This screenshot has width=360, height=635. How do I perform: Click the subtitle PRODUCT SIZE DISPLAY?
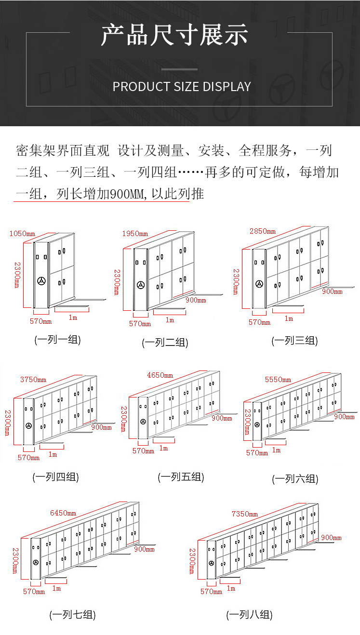coord(182,87)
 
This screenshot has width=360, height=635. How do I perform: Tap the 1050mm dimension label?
coord(22,234)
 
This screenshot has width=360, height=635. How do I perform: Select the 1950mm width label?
coord(135,234)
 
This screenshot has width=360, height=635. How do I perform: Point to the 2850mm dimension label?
coord(263,231)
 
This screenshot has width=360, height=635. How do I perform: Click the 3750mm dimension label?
coord(33,380)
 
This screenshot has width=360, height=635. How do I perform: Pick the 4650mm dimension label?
coord(160,375)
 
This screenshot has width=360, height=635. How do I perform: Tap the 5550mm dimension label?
coord(278,380)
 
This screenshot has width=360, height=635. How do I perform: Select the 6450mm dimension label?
coord(63,513)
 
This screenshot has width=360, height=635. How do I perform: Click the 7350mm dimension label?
coord(245,514)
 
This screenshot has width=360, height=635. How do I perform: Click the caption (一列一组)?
coord(57,340)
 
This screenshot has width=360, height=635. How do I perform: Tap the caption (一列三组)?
coord(295,341)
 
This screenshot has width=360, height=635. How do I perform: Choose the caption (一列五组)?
coord(181,477)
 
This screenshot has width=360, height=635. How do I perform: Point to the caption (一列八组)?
coord(250,615)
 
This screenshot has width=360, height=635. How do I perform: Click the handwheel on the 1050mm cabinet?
coord(41,281)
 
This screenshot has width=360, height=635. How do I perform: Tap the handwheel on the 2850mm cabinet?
coord(259,284)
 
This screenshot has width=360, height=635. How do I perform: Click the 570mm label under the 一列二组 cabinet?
coord(140,324)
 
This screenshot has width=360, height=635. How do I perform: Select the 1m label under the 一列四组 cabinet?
coord(53,455)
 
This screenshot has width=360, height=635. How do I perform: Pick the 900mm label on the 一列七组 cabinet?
coord(144,549)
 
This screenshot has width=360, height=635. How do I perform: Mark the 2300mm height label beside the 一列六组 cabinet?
coord(247,422)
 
